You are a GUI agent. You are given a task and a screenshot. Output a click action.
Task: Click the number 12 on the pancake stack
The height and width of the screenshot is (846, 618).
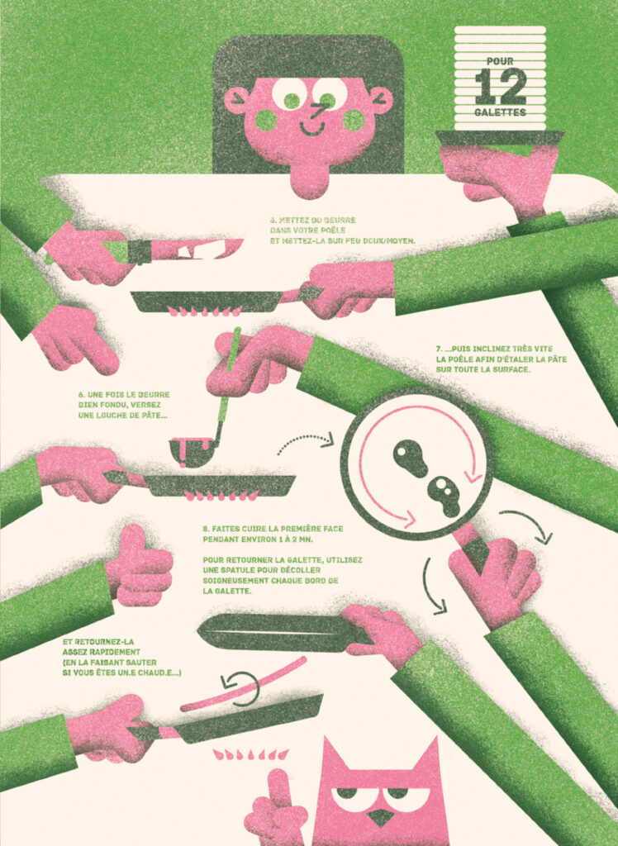500,86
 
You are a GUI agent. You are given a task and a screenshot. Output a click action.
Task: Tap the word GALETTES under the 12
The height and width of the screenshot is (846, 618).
500,112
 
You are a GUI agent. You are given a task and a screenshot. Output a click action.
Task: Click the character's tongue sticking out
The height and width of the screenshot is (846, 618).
310,178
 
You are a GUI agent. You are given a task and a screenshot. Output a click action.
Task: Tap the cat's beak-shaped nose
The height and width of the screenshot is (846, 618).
381,817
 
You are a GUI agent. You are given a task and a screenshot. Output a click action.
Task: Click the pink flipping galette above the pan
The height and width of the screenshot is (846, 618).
243,683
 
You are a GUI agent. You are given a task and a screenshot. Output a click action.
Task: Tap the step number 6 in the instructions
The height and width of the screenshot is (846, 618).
81,394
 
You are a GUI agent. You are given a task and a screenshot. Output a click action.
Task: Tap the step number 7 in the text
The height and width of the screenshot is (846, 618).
439,349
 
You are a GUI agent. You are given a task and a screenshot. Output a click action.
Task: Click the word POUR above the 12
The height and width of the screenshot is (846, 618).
500,61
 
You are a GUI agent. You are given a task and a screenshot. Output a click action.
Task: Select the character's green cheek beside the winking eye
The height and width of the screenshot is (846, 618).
354,120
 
